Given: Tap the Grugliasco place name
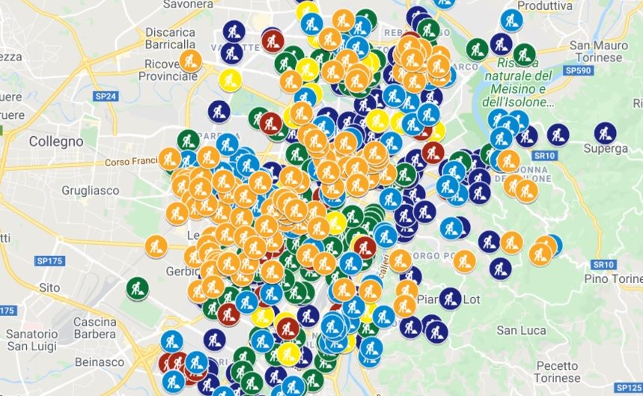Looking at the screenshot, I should click(91, 190).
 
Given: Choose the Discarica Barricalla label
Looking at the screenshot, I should click(170, 38).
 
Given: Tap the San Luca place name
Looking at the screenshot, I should click(517, 330).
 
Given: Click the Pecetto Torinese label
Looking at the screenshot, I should click(557, 372).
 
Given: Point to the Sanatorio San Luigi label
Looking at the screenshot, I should click(32, 339).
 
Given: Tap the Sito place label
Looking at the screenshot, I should click(49, 287).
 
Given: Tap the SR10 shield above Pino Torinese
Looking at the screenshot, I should click(603, 265).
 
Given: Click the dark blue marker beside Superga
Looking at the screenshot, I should click(605, 132).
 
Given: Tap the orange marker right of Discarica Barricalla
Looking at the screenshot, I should click(190, 61).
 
